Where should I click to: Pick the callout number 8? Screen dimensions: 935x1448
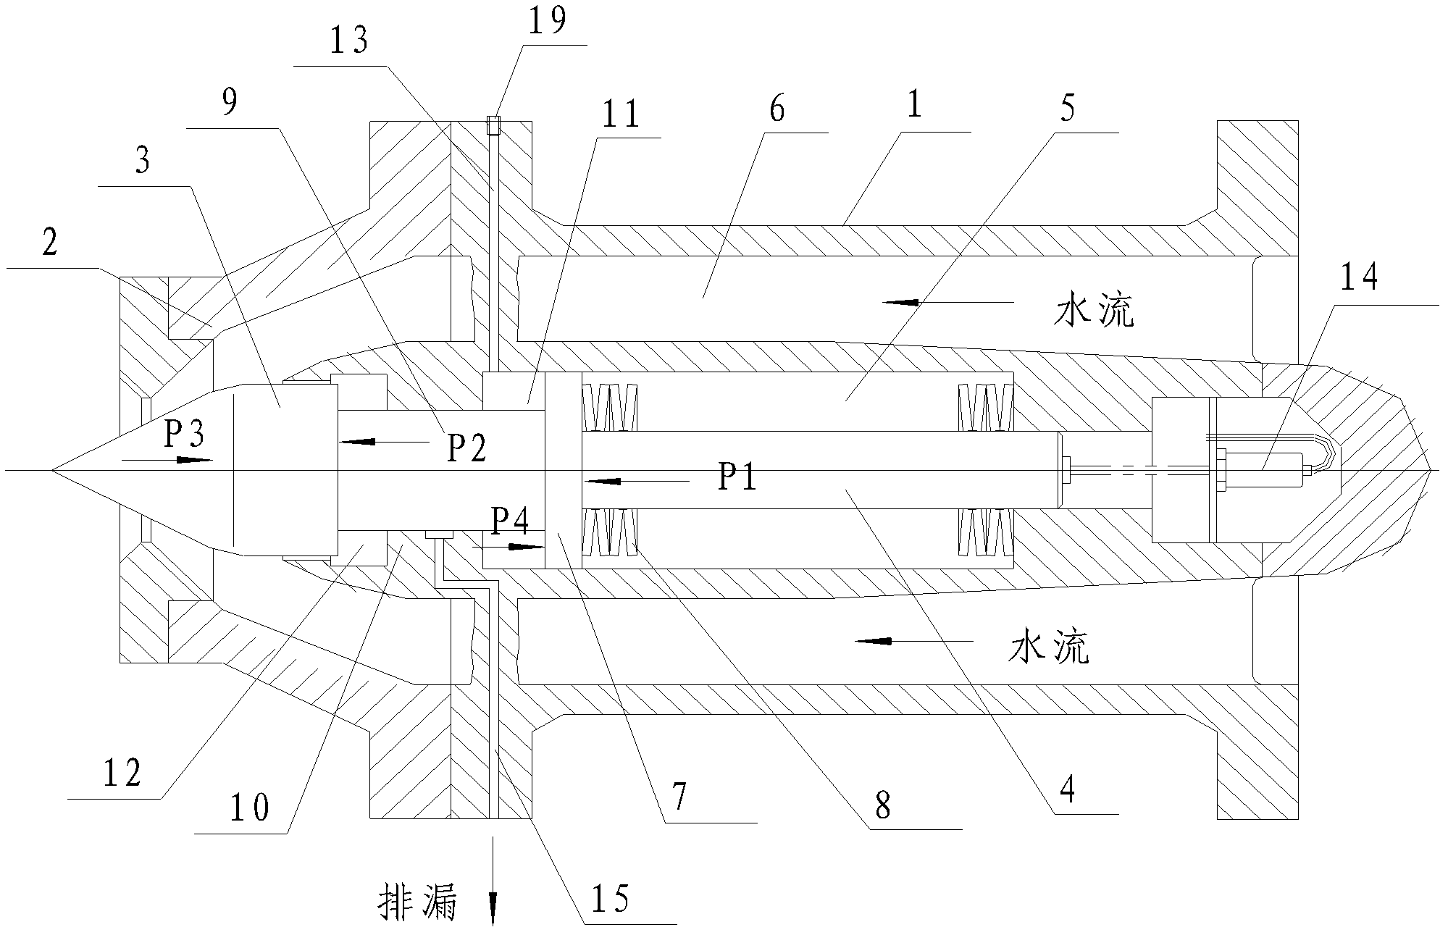coord(882,805)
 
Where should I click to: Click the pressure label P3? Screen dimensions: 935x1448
coord(184,435)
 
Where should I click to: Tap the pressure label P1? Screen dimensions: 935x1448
coord(737,478)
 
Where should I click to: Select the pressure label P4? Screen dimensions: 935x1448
coord(509,519)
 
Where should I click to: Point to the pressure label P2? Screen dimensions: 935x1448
coord(466,448)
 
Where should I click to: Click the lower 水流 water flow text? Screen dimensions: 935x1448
coord(1049,648)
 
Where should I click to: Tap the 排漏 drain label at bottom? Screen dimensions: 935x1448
coord(418,903)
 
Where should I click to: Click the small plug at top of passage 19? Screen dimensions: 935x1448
coord(494,125)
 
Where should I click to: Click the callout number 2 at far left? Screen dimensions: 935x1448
coord(49,244)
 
